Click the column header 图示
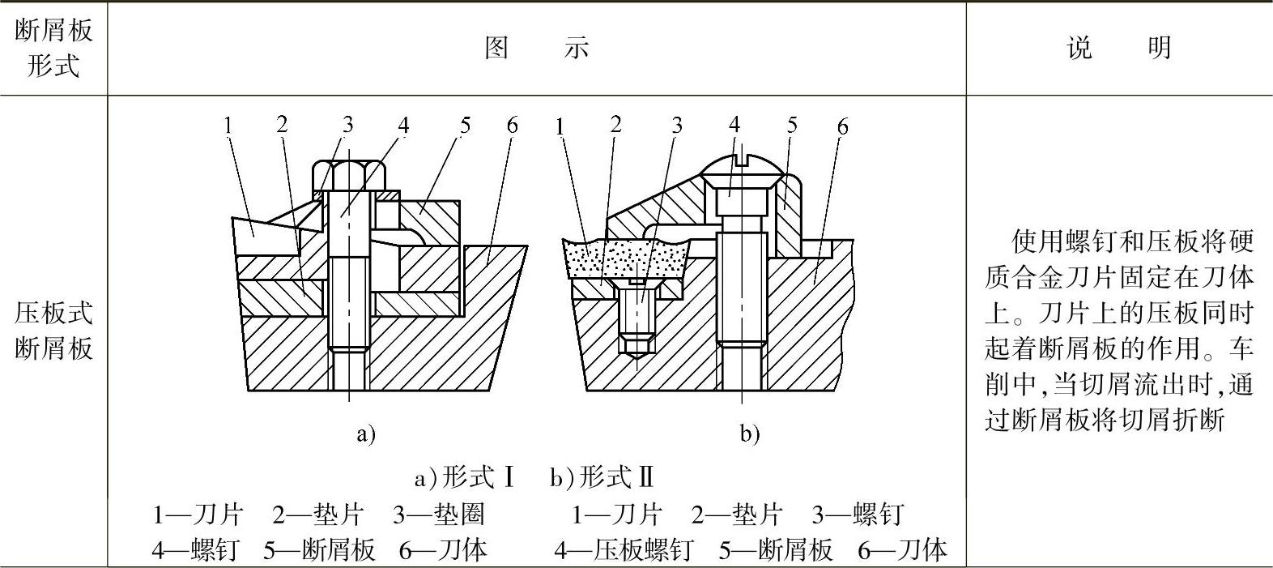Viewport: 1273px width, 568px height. point(536,49)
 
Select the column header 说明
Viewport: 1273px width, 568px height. point(1119,49)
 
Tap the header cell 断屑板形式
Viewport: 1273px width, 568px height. point(53,49)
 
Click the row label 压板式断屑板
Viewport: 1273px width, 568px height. point(53,331)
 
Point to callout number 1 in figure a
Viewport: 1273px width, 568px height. point(228,126)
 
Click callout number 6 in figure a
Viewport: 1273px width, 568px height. point(512,126)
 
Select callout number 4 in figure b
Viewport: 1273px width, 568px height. point(734,125)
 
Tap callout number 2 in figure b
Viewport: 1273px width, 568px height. point(615,125)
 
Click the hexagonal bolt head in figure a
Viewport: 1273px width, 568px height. point(348,174)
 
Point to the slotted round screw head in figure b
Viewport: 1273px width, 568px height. point(742,168)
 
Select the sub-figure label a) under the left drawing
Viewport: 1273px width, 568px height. point(366,434)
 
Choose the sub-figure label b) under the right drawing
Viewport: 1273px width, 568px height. point(750,434)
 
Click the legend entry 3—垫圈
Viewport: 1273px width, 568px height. point(438,515)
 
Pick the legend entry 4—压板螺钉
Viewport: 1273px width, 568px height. point(624,550)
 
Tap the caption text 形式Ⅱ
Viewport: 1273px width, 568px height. point(616,478)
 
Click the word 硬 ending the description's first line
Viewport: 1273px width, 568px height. point(1240,241)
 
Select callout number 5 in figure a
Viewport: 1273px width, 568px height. point(465,126)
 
